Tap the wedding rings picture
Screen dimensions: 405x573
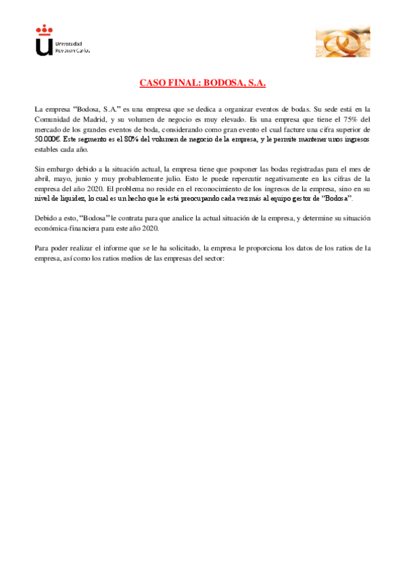342,43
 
